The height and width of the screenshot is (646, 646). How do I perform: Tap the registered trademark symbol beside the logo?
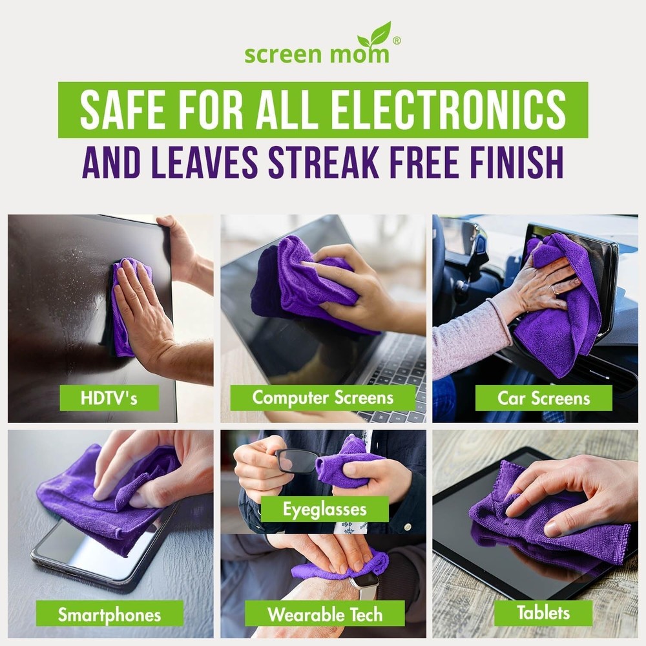[397, 40]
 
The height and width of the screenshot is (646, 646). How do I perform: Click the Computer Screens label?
[322, 397]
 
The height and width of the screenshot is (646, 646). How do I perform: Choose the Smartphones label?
[109, 614]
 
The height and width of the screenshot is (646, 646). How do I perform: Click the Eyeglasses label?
[324, 509]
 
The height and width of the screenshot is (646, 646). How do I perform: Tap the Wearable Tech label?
[324, 613]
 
